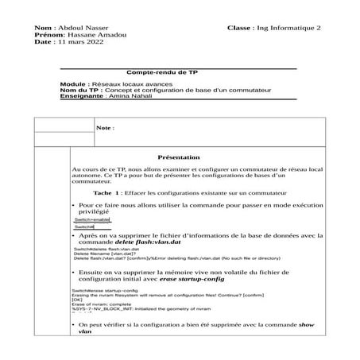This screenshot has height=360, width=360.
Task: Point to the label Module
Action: coord(73,83)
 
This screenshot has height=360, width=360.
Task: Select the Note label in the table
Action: coord(104,127)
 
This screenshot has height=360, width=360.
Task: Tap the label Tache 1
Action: coord(108,193)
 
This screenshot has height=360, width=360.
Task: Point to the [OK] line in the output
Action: coord(78,300)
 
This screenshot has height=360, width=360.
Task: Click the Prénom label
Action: coord(47,35)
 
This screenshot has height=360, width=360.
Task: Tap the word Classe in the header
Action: coord(239,28)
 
